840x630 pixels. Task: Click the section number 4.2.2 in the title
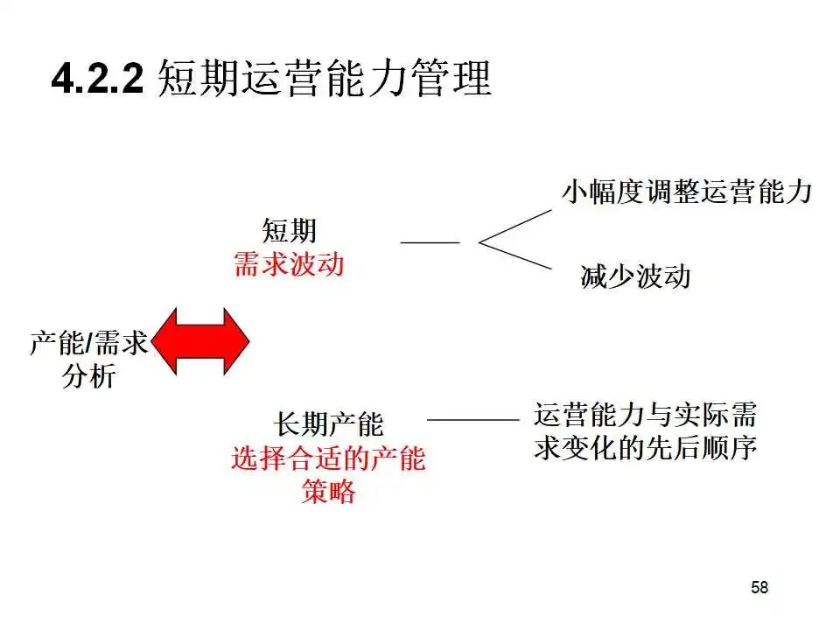pos(97,81)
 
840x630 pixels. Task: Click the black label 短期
pos(289,231)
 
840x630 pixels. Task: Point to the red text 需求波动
pos(289,264)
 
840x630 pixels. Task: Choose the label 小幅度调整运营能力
pos(688,192)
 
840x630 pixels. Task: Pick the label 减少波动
pos(635,277)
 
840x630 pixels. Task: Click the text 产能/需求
pos(88,343)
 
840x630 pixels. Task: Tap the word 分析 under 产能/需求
pos(89,377)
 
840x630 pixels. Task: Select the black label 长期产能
pos(329,425)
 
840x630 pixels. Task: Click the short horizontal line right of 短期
pos(430,241)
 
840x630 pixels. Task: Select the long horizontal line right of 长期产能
pos(472,420)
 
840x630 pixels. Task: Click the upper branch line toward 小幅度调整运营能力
pos(516,225)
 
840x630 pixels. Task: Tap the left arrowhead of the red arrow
pos(171,343)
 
